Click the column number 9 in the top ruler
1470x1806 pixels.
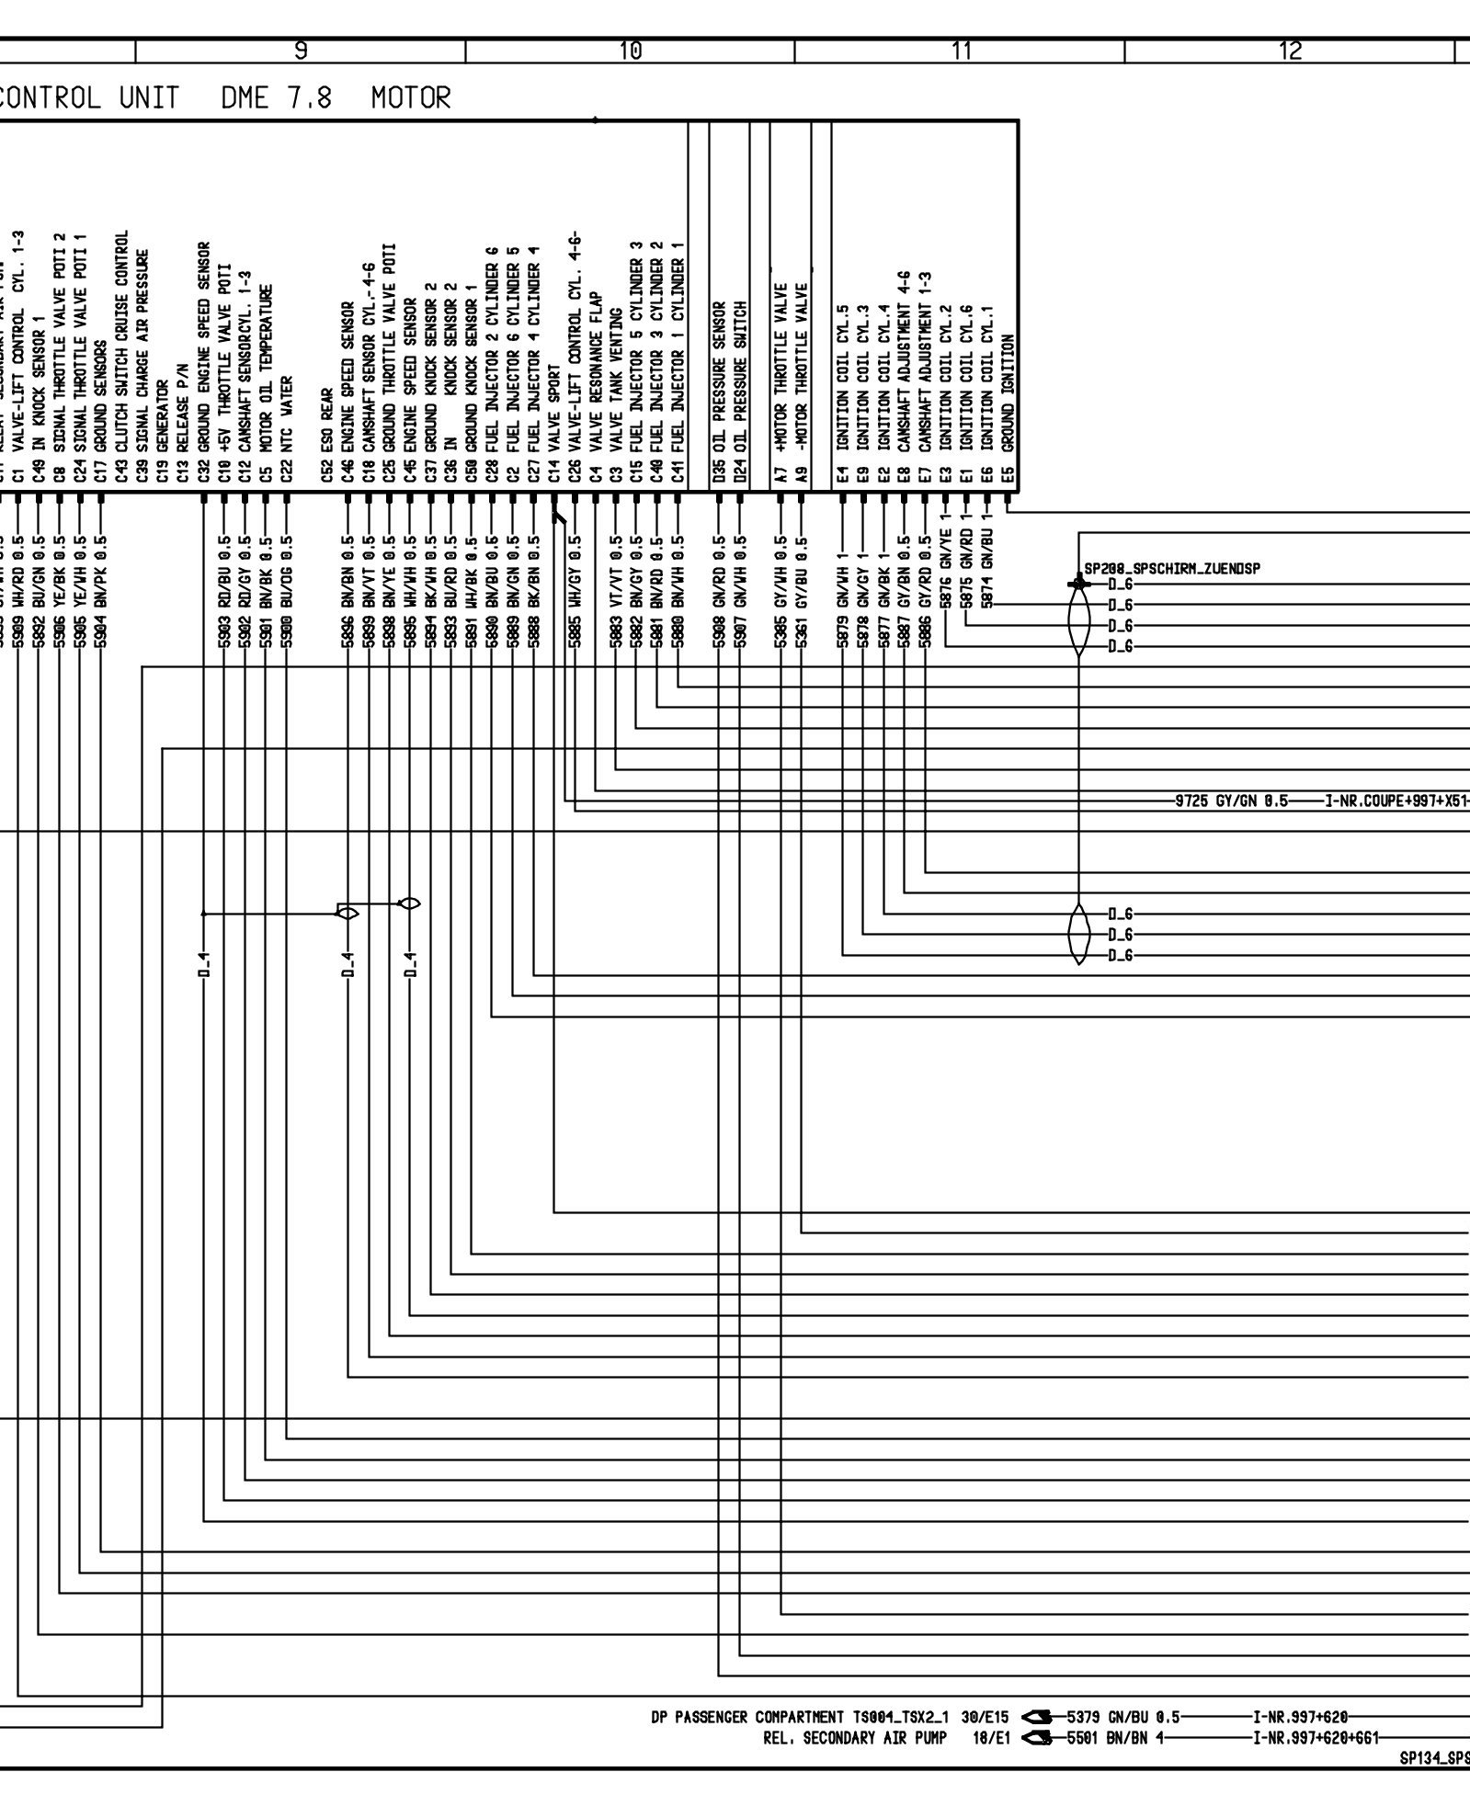[301, 51]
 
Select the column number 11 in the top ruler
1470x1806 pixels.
[962, 51]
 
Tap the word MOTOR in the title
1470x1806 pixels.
[411, 97]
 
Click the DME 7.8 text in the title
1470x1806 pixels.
[273, 97]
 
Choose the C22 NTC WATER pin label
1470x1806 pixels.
[287, 429]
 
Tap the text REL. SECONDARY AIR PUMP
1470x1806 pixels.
[854, 1737]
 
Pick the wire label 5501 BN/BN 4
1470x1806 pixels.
[1116, 1737]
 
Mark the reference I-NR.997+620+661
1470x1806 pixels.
[1314, 1737]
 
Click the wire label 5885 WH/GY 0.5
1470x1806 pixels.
[575, 592]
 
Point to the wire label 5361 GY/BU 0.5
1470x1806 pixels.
[802, 592]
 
